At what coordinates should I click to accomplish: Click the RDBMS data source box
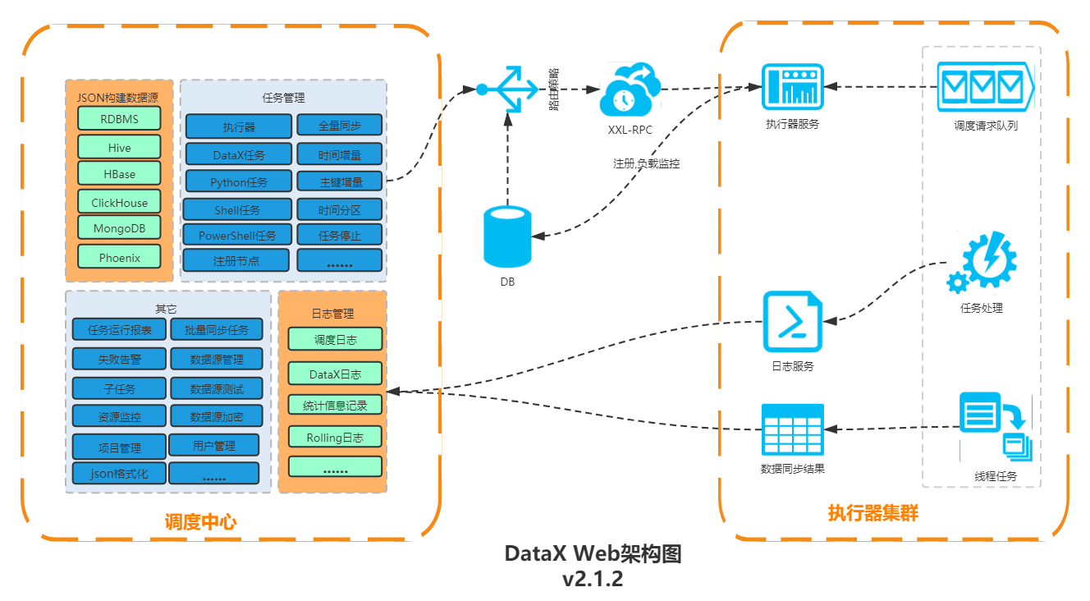point(119,119)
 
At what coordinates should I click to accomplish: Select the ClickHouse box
point(119,202)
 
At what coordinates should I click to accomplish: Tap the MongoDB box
point(119,228)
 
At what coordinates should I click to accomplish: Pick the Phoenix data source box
point(119,257)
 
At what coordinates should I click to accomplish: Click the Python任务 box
point(238,181)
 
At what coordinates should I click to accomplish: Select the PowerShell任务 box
point(237,235)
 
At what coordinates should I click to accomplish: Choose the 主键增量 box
point(340,181)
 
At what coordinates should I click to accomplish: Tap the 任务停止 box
point(340,235)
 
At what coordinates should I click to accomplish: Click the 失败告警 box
point(119,359)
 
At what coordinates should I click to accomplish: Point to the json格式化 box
point(119,474)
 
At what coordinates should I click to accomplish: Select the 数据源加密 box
point(217,416)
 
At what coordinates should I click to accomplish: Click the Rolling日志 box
point(335,437)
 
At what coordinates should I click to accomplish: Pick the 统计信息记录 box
point(335,405)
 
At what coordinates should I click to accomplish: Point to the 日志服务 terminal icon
point(792,322)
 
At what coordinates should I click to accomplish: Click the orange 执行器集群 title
point(872,513)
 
